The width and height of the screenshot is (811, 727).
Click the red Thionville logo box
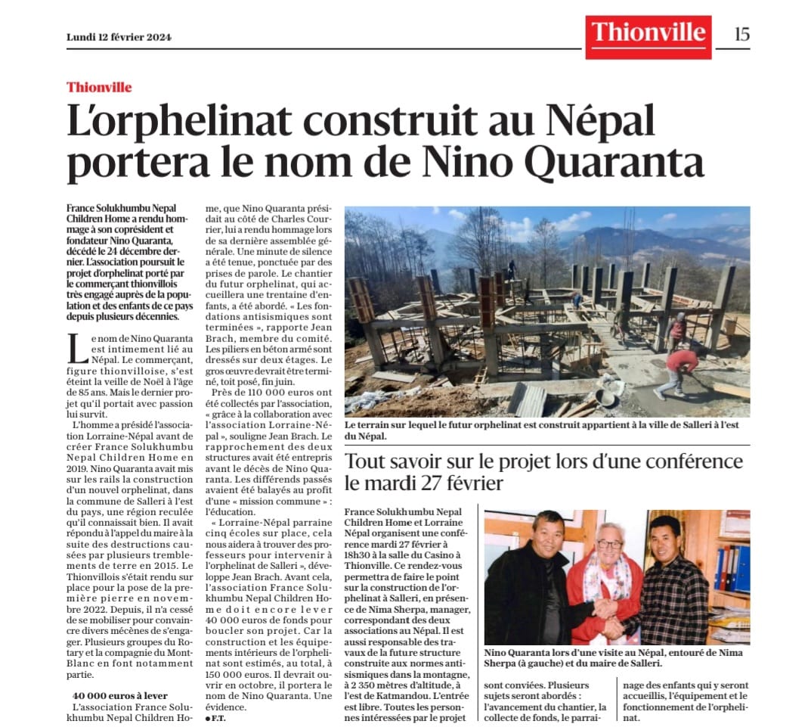pos(648,36)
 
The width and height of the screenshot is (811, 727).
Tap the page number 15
pos(741,34)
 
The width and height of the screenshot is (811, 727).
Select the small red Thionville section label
pos(99,87)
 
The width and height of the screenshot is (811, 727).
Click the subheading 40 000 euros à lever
pos(119,695)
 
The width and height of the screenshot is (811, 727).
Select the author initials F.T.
pos(216,717)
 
